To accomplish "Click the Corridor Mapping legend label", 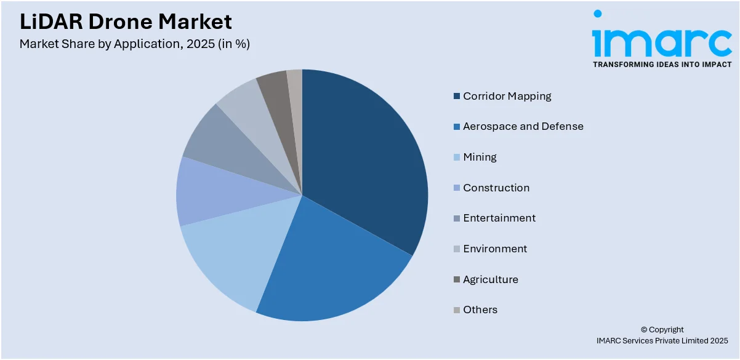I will tap(507, 96).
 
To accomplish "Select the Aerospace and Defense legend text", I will tap(523, 126).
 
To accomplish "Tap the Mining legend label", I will tap(480, 157).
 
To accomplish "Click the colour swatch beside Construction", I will tap(457, 188).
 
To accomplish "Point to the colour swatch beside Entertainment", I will tap(457, 218).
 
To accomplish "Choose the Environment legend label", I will tap(495, 249).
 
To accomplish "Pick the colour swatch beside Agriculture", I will tap(457, 279).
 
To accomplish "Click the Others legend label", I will tap(480, 310).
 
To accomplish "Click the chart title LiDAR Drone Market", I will tap(126, 22).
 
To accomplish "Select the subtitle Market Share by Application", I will tap(134, 44).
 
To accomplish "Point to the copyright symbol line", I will tap(662, 329).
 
